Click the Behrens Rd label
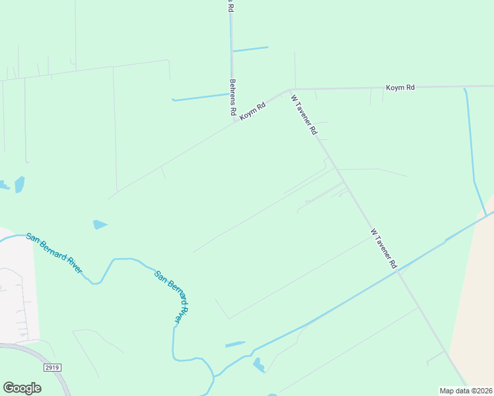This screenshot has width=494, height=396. coord(232,98)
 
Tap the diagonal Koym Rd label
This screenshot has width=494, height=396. coord(252,110)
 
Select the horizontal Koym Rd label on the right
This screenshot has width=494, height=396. coord(400,87)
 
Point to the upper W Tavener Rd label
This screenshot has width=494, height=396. coord(304,115)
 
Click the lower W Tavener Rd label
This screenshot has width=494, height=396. coord(383,248)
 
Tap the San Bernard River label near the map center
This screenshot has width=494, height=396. coord(172,296)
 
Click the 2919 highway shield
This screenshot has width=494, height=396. coord(52,366)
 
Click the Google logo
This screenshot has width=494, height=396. coord(22,388)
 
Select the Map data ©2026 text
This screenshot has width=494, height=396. coord(465,391)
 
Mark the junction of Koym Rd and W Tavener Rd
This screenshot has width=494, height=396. coord(290,89)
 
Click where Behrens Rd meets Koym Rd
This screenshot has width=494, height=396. coord(233,121)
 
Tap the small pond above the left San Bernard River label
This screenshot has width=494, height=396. coord(100,224)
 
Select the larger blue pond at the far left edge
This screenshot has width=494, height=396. coord(19,184)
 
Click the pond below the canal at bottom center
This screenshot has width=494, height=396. coord(258,364)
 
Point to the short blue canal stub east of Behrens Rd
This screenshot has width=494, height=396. coord(250,49)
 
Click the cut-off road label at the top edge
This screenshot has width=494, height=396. coord(230,5)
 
